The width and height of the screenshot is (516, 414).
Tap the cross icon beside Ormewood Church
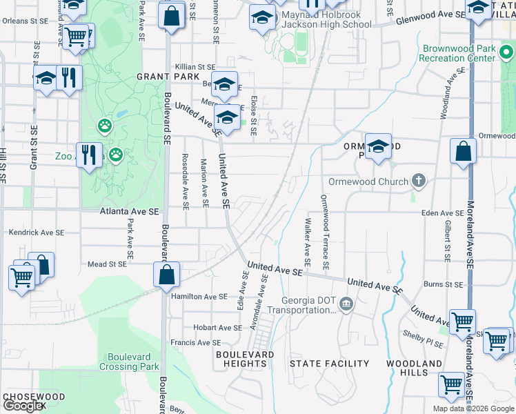tap(417, 181)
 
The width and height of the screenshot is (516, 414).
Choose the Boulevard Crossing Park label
tap(133, 362)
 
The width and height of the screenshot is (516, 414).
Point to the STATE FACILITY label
tap(330, 363)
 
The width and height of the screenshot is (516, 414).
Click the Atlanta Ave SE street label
tap(130, 212)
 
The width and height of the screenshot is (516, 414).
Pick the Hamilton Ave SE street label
tap(199, 296)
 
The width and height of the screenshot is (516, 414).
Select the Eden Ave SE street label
tap(445, 213)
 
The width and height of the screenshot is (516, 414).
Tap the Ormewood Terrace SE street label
tap(324, 231)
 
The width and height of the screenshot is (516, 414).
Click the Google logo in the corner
tap(23, 406)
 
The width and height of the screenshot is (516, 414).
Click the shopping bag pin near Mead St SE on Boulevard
tap(167, 275)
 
